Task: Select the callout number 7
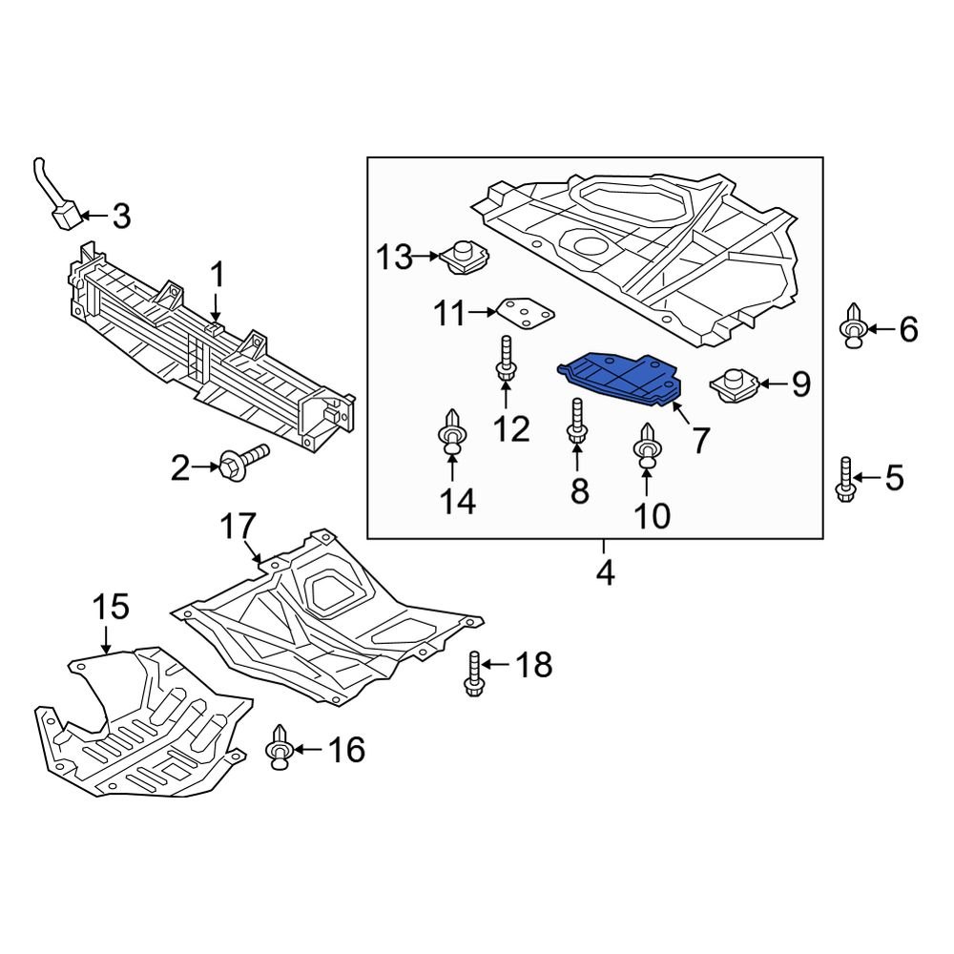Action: click(701, 440)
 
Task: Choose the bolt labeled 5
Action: click(845, 478)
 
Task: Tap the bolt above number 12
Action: click(505, 368)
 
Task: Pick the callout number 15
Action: click(110, 607)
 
